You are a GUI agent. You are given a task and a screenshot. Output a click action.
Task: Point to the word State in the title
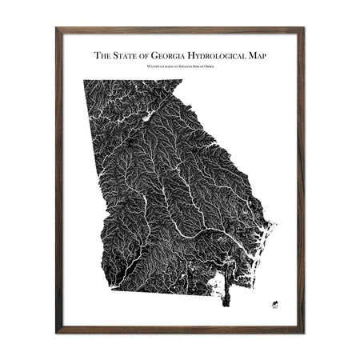point(128,56)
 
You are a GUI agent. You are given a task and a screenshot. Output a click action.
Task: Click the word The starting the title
point(102,56)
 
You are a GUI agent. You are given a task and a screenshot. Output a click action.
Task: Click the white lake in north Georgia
point(147,118)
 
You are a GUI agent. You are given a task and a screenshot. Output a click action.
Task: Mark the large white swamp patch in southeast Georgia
point(214,280)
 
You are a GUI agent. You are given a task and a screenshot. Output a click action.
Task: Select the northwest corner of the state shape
point(86,81)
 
